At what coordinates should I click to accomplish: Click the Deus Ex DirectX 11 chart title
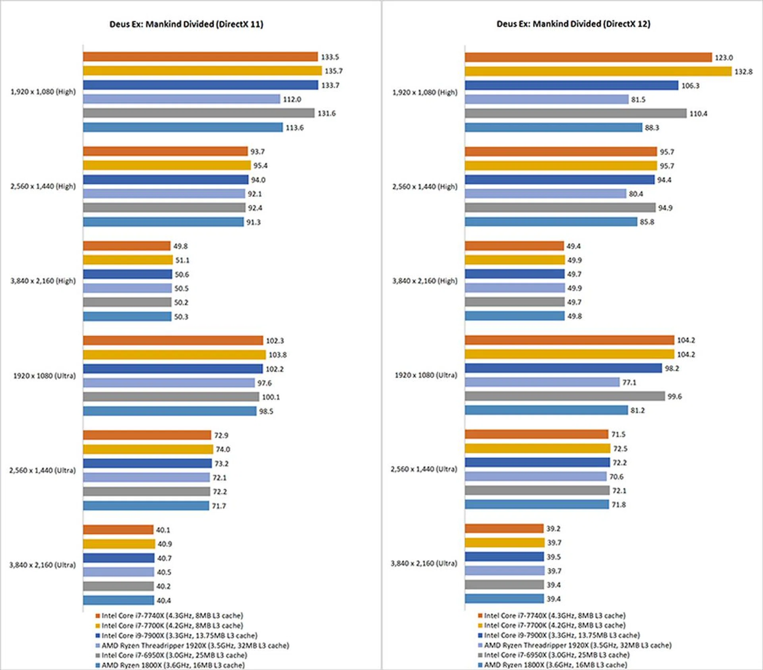pyautogui.click(x=186, y=24)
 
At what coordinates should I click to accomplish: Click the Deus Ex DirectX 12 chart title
pyautogui.click(x=573, y=24)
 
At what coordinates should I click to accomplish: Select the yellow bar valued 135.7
pyautogui.click(x=202, y=71)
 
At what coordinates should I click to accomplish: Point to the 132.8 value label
pyautogui.click(x=743, y=72)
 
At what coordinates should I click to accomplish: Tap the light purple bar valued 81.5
pyautogui.click(x=546, y=99)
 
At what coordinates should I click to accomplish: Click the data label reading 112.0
pyautogui.click(x=292, y=99)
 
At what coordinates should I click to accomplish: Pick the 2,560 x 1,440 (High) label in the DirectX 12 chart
pyautogui.click(x=424, y=186)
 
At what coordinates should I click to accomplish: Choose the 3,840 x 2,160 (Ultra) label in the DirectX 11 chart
pyautogui.click(x=43, y=565)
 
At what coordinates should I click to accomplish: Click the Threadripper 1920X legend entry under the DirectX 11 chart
pyautogui.click(x=195, y=645)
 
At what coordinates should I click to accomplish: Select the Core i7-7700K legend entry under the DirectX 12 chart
pyautogui.click(x=554, y=625)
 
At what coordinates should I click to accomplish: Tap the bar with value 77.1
pyautogui.click(x=542, y=382)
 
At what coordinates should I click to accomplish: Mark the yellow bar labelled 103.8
pyautogui.click(x=174, y=354)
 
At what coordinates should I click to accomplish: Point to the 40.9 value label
pyautogui.click(x=165, y=544)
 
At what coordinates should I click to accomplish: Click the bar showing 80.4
pyautogui.click(x=545, y=194)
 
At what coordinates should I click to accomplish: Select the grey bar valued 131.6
pyautogui.click(x=199, y=113)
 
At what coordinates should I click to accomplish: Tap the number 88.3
pyautogui.click(x=652, y=128)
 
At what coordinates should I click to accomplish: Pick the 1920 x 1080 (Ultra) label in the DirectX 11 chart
pyautogui.click(x=45, y=376)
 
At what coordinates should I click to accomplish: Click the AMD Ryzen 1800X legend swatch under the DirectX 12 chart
pyautogui.click(x=480, y=665)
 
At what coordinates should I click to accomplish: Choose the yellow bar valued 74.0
pyautogui.click(x=148, y=449)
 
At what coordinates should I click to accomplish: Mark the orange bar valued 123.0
pyautogui.click(x=588, y=57)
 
